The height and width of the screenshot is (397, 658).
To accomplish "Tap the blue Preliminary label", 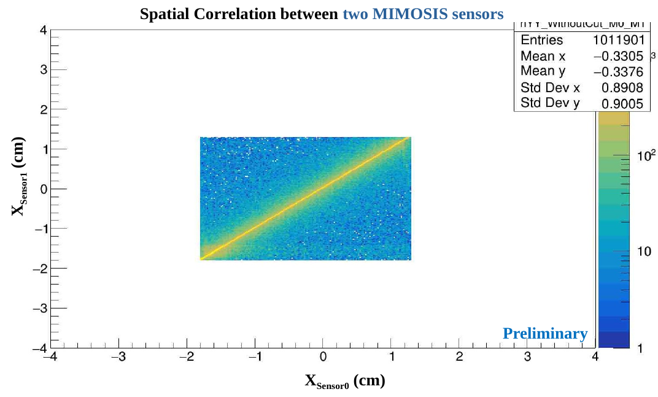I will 545,334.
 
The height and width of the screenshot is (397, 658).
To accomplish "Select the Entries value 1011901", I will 618,41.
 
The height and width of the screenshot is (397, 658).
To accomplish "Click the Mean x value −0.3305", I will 618,57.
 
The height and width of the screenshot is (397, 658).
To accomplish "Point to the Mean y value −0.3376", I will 618,73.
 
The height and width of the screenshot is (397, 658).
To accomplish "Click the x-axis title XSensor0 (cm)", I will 345,382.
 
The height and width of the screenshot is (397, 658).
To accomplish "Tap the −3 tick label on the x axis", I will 118,358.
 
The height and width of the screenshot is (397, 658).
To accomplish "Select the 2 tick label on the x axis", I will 459,358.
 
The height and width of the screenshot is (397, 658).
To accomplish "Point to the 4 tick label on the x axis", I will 595,358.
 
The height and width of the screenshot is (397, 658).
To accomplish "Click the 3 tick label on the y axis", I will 44,69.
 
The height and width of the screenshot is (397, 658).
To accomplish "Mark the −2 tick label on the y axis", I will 41,269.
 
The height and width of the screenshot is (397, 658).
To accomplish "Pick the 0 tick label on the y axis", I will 44,189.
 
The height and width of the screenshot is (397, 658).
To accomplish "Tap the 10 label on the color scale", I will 644,253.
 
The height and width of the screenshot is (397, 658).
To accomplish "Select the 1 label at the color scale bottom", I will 641,348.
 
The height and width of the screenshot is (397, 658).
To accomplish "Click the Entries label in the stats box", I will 541,41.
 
